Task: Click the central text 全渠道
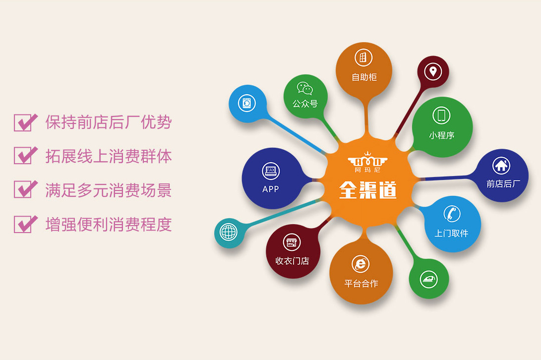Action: tap(368, 190)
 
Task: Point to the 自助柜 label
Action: tap(364, 77)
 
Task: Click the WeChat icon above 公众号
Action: tap(304, 88)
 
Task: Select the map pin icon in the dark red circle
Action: tap(433, 72)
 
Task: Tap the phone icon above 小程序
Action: tap(441, 115)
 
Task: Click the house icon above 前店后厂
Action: tap(501, 166)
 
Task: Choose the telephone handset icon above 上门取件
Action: tap(452, 214)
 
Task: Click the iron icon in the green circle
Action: tap(428, 279)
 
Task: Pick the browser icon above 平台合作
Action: tap(361, 264)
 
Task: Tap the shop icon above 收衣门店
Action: tap(292, 242)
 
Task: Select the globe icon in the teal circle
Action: tap(228, 232)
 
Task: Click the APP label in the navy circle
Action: tap(271, 189)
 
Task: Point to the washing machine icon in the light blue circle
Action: tap(246, 103)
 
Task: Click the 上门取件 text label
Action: tap(451, 234)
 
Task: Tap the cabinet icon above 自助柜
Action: tap(363, 58)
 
